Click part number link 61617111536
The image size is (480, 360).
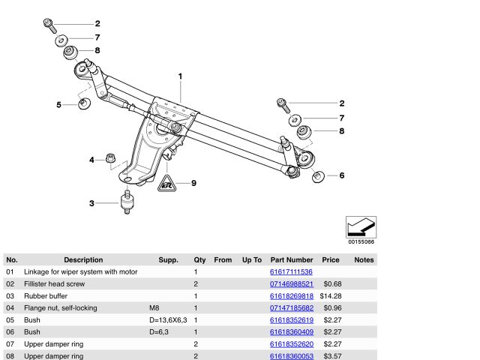click(291, 271)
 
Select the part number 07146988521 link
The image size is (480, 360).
click(291, 283)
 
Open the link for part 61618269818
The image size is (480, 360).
click(291, 295)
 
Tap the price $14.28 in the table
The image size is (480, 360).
click(330, 295)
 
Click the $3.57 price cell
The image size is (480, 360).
click(331, 355)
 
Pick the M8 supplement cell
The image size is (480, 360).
click(154, 307)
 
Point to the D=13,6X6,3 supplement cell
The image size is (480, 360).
click(167, 319)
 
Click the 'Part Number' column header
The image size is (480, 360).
click(291, 259)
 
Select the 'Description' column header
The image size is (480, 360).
click(83, 259)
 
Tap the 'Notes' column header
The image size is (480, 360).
click(364, 259)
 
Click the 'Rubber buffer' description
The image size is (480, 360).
click(48, 295)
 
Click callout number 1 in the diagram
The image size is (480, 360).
click(180, 76)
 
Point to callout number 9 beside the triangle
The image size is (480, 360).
click(193, 183)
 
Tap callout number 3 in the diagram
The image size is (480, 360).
click(91, 203)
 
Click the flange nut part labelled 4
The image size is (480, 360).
click(109, 158)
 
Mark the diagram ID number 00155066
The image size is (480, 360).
click(361, 242)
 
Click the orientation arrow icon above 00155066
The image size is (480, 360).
click(361, 226)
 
